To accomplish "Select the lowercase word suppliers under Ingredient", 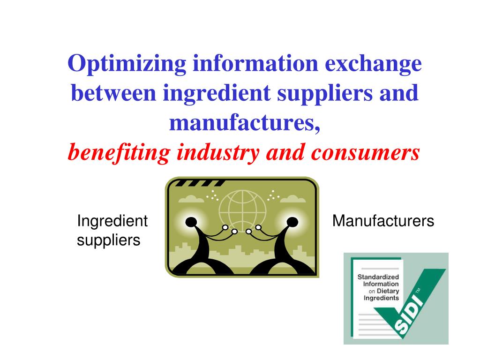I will pyautogui.click(x=108, y=240).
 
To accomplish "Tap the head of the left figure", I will pyautogui.click(x=191, y=222).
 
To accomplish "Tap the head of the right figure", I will pyautogui.click(x=292, y=221).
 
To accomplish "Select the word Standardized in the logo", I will pyautogui.click(x=378, y=277).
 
